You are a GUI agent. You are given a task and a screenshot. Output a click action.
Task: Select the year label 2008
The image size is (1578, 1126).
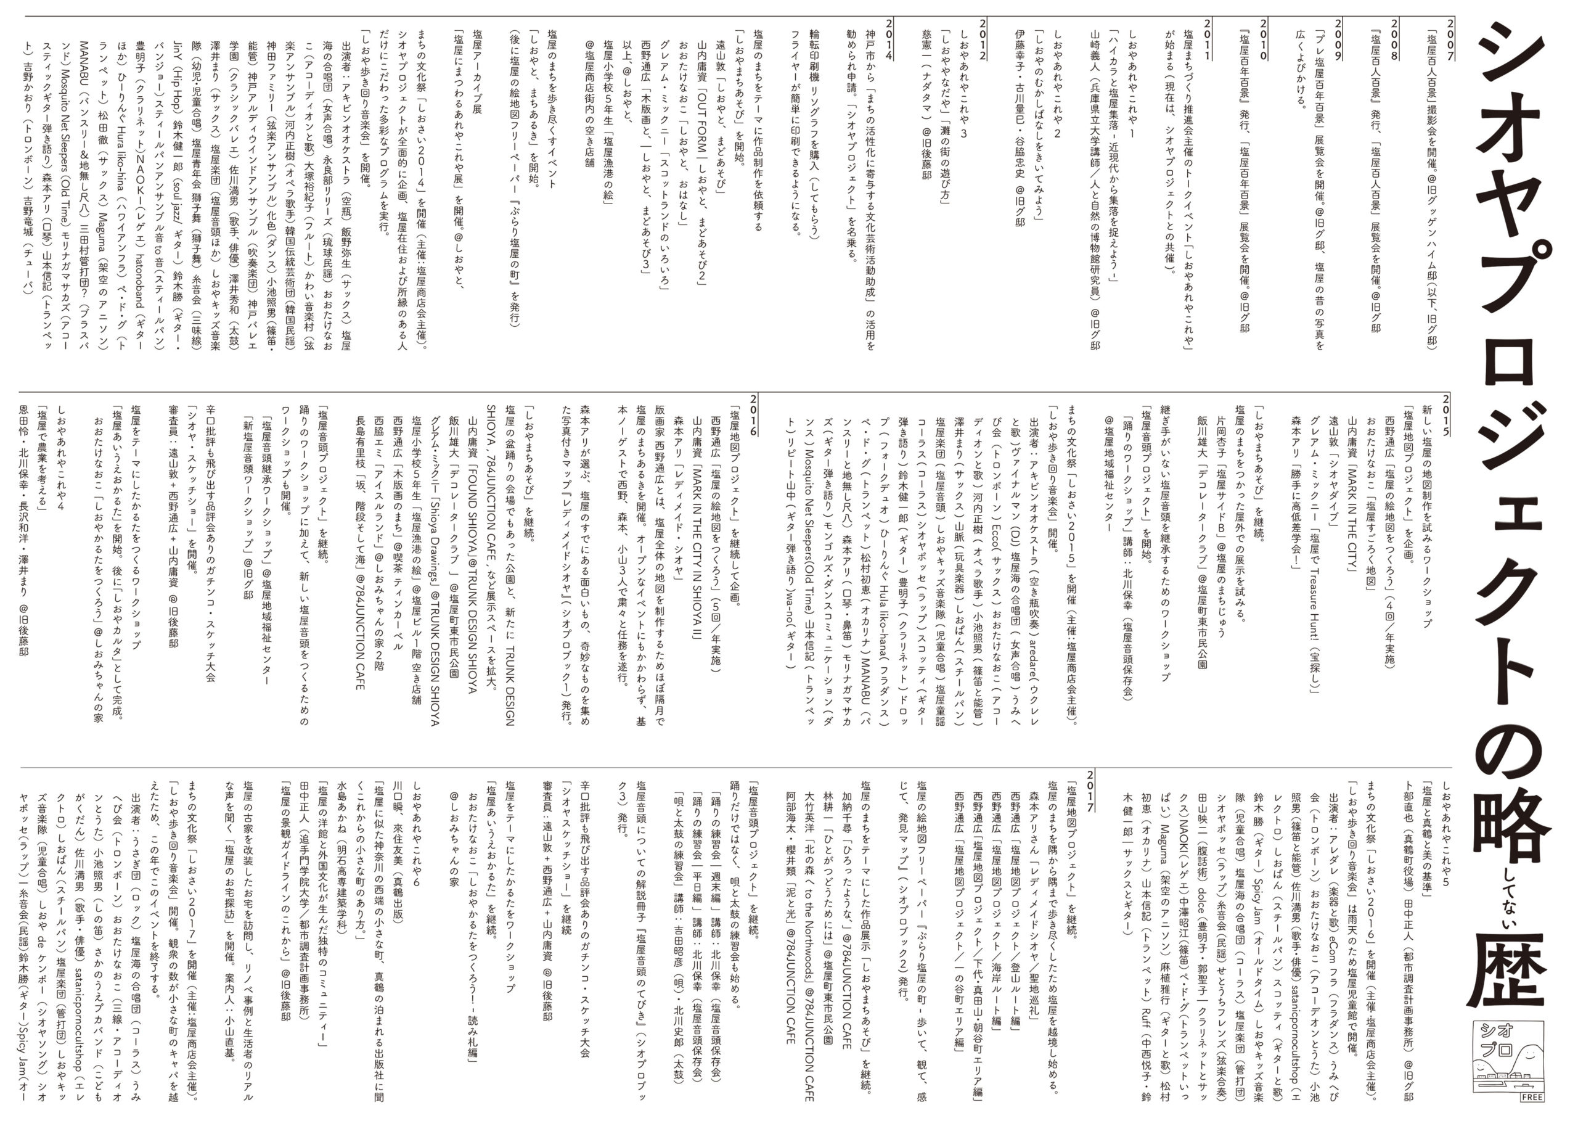tap(1389, 39)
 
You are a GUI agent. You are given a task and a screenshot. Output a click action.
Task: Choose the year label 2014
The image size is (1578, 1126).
tap(888, 39)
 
